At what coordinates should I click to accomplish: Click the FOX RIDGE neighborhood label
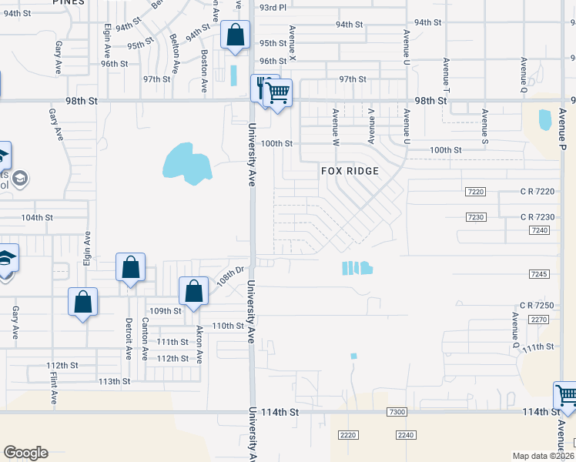350,171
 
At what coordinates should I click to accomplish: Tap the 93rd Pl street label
273,7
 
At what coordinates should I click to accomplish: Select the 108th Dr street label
229,276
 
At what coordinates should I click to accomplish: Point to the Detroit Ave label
129,339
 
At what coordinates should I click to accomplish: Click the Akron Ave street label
199,343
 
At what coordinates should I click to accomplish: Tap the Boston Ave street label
204,72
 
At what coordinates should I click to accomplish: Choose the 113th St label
113,381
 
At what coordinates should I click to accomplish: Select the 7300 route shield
397,413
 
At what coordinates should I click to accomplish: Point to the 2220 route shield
348,435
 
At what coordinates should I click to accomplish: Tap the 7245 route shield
538,274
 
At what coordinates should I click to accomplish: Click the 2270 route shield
538,319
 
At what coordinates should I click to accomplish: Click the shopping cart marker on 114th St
566,396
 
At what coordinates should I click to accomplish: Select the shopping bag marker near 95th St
235,35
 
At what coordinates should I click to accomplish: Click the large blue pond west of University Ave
186,163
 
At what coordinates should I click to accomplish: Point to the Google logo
25,453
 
